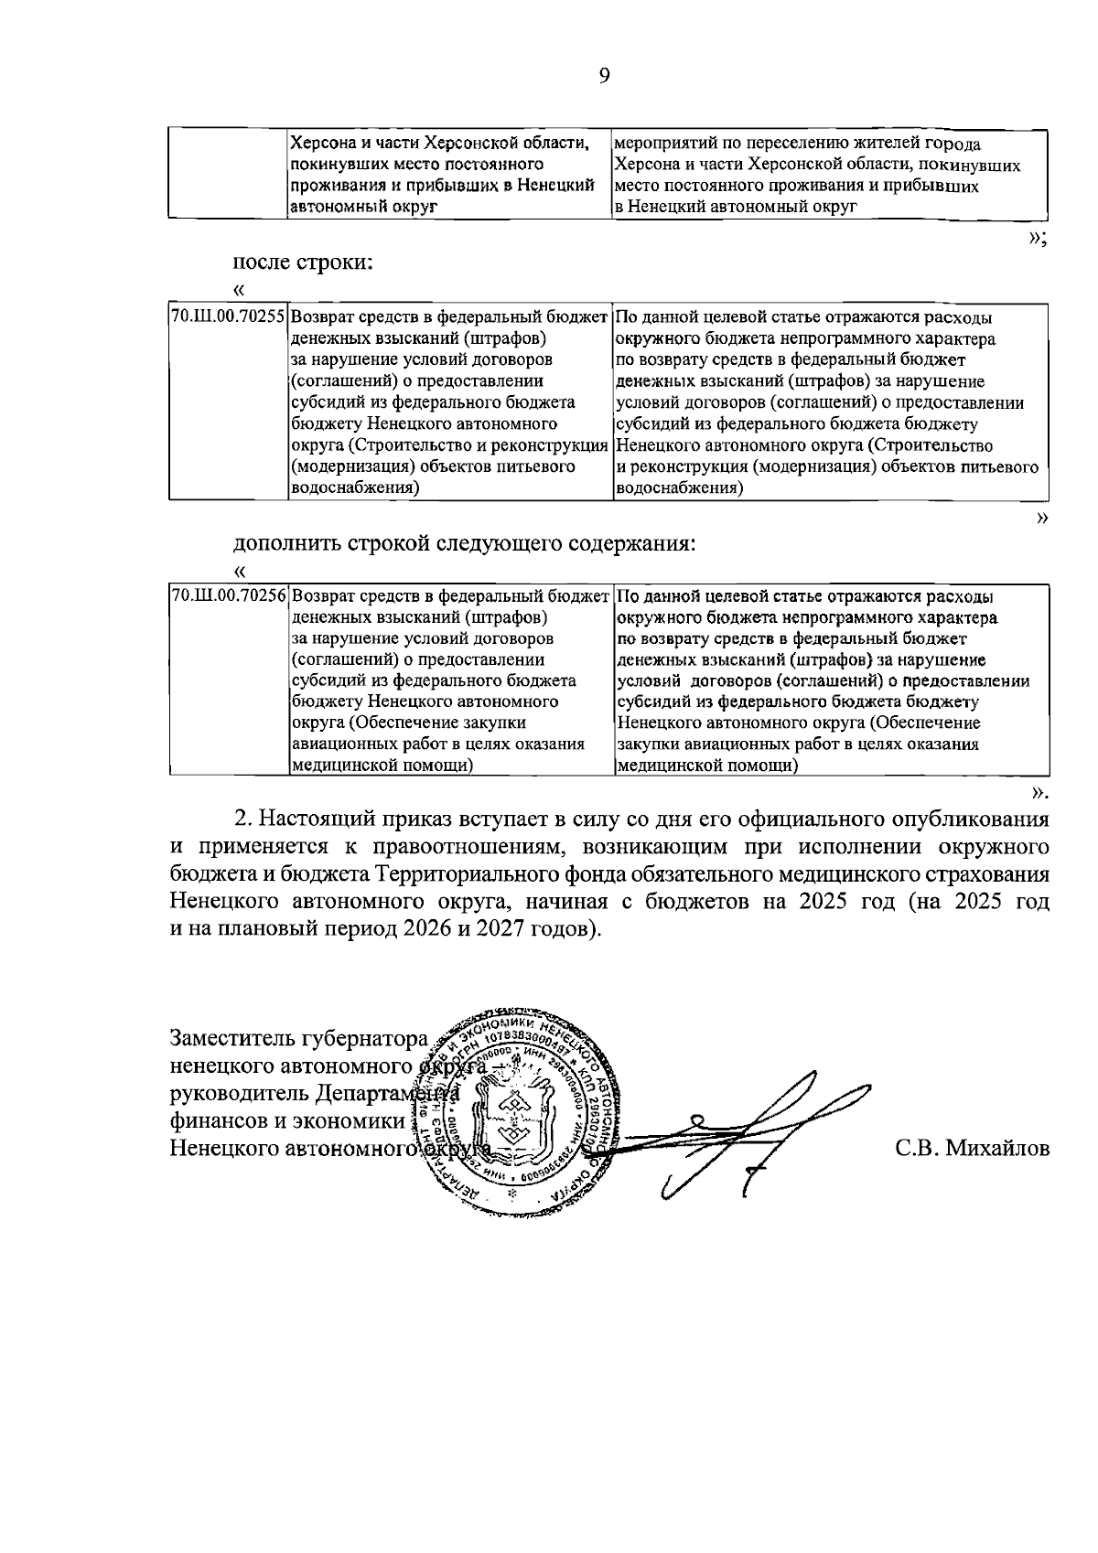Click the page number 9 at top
point(604,76)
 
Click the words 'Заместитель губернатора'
point(299,1039)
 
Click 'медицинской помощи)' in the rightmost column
point(706,766)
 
